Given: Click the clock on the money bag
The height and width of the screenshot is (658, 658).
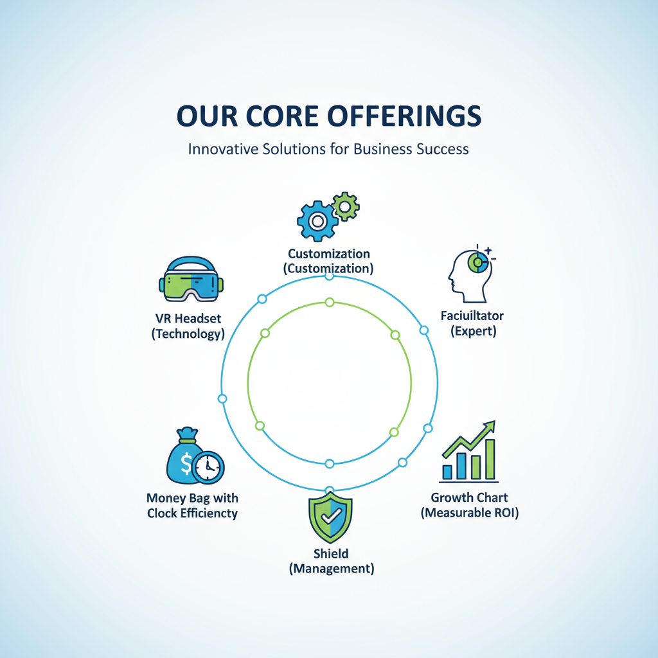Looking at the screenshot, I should click(208, 468).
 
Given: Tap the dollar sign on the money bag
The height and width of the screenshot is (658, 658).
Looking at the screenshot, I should click(186, 464).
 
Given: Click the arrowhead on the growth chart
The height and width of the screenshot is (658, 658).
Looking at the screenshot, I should click(490, 426).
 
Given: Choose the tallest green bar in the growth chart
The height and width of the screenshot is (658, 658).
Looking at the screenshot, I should click(490, 459).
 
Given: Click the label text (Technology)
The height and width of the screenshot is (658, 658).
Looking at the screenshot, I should click(188, 333).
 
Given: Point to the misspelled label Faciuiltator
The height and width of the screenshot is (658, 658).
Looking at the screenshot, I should click(472, 316).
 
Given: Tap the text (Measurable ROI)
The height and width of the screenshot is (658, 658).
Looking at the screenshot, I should click(469, 513).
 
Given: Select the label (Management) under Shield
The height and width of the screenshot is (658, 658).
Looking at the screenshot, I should click(331, 568).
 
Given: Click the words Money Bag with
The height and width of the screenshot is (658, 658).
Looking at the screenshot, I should click(192, 497).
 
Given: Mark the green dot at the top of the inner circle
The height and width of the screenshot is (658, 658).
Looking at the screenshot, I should click(330, 302).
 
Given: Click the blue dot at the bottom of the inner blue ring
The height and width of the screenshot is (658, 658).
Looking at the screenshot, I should click(330, 463).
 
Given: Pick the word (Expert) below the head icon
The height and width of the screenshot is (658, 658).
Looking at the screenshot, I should click(473, 332).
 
